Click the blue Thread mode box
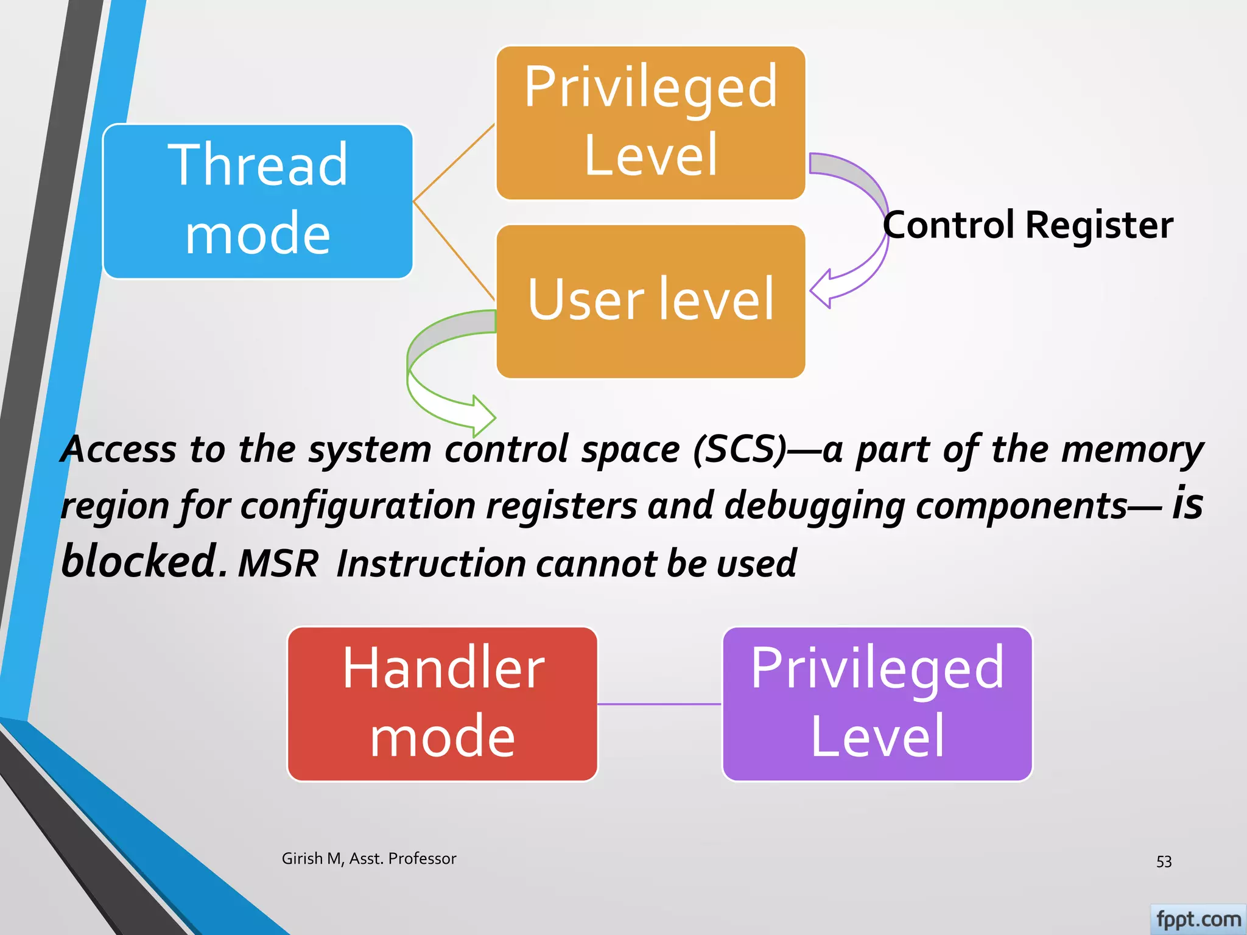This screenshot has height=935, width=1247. tap(258, 201)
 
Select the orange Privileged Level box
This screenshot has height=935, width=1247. tap(650, 122)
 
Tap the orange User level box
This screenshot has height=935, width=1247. tap(650, 301)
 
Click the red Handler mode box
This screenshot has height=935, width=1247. tap(442, 704)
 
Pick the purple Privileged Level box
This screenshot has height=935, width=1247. tap(877, 704)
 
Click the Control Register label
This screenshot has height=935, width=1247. tap(1028, 225)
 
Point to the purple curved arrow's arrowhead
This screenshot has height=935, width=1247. tap(823, 289)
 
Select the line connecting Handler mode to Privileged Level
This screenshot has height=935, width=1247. tap(659, 704)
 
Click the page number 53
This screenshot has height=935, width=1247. tap(1164, 861)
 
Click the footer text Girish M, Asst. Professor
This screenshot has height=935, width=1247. tap(368, 858)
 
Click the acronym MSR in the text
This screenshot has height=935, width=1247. tap(278, 563)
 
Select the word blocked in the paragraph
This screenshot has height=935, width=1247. tap(139, 561)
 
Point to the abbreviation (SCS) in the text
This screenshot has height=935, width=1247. tap(739, 449)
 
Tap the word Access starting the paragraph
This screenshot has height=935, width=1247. tap(119, 449)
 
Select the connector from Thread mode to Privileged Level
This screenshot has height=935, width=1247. tap(454, 163)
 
